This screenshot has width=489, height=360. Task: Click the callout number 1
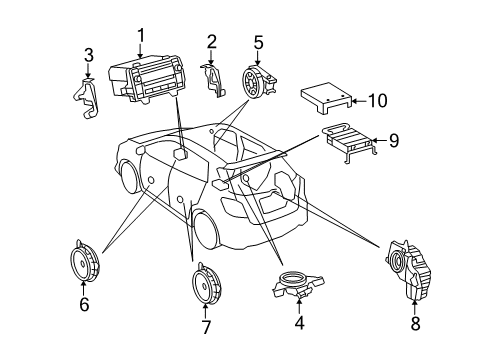point(141,36)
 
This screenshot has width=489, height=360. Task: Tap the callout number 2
point(212,41)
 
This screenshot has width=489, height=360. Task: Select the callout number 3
point(88,55)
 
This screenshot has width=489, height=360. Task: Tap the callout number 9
point(393,140)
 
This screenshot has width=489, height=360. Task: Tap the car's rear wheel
point(206,231)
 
